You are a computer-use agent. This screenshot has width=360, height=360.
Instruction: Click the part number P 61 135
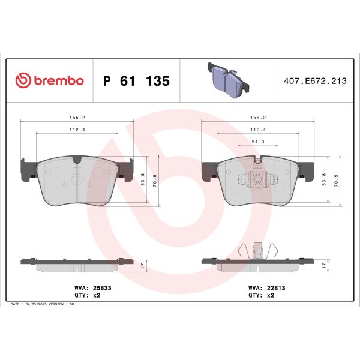(x=137, y=81)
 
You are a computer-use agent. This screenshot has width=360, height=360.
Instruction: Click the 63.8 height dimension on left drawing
(x=142, y=179)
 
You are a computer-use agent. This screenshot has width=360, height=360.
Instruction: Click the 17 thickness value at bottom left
(x=142, y=265)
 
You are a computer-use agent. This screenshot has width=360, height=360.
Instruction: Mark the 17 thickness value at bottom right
(x=324, y=265)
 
